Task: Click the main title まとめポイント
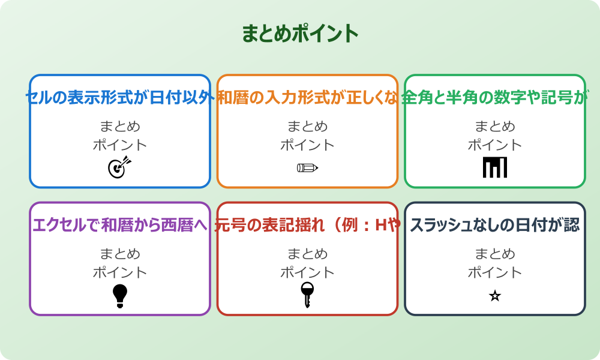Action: click(x=300, y=34)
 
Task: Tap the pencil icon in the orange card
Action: click(x=307, y=167)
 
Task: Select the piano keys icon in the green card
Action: click(x=495, y=167)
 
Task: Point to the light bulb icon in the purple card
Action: click(x=120, y=295)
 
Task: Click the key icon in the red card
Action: click(x=307, y=295)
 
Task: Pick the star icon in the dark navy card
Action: click(x=495, y=296)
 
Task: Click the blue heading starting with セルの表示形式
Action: click(x=120, y=98)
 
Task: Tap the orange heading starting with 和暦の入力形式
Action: click(x=307, y=98)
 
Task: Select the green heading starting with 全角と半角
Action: click(x=495, y=98)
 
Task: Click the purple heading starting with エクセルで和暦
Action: click(x=120, y=226)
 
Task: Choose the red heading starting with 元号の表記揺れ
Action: click(x=307, y=226)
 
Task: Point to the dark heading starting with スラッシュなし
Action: click(x=495, y=226)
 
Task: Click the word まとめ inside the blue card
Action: click(x=120, y=126)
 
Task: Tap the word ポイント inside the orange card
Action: click(x=307, y=145)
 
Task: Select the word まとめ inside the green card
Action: click(x=495, y=126)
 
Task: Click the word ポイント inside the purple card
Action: click(x=120, y=272)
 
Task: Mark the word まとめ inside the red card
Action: click(x=307, y=254)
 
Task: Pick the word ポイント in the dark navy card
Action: click(x=495, y=272)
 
